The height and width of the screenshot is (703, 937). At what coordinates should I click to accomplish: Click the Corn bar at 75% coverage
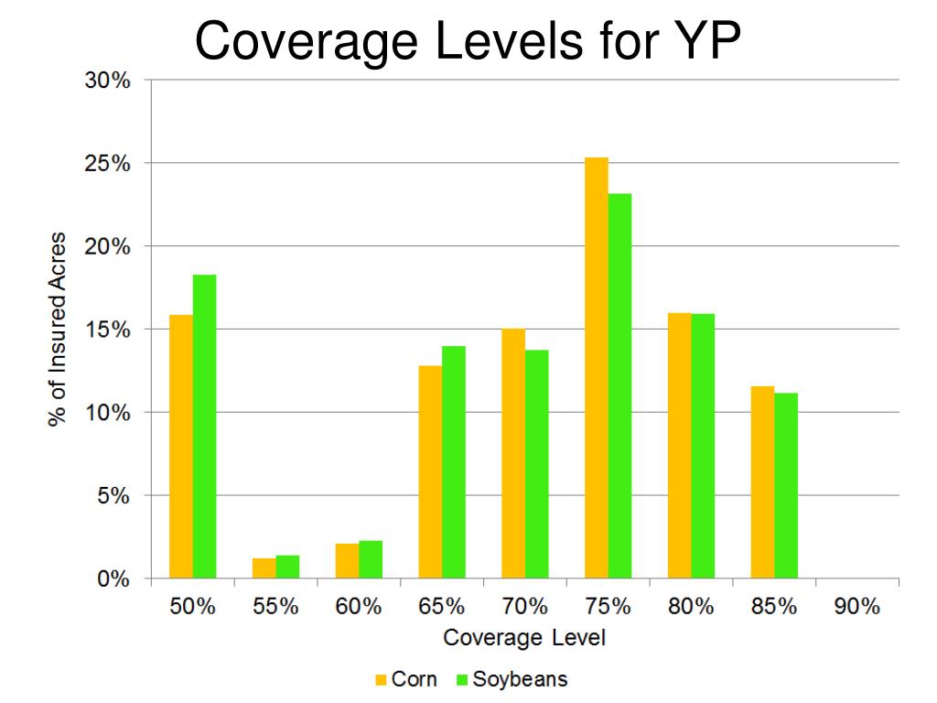pos(597,368)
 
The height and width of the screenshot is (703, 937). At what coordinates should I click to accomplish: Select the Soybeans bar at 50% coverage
pos(204,427)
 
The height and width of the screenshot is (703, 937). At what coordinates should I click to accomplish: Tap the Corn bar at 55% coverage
pos(264,568)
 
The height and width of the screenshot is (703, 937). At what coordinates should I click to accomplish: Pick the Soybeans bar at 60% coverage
pos(371,560)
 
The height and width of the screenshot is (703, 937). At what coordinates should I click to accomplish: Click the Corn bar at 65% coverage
pos(430,472)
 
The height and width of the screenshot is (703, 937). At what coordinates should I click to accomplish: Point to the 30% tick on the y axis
pos(109,81)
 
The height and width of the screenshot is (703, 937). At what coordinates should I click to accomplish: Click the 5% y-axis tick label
pos(113,496)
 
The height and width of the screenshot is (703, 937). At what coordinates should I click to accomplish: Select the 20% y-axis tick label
pos(109,247)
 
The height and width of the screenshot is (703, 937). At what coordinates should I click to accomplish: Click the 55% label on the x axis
pos(275,607)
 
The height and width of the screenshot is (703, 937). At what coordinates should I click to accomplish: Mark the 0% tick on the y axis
pos(113,579)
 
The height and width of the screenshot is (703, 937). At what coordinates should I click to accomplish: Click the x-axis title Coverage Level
pos(523,638)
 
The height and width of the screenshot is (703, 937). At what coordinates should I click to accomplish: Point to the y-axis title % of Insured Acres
pos(59,330)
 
